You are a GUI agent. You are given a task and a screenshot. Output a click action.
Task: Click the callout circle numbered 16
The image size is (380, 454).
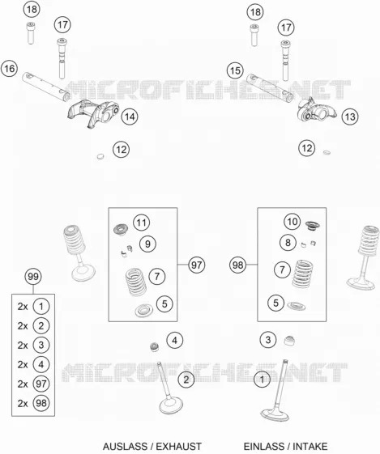pyautogui.click(x=9, y=69)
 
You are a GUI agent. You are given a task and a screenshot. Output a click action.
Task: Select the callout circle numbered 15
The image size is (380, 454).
pyautogui.click(x=235, y=70)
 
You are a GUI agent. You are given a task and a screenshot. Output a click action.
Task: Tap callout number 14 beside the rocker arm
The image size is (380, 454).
pyautogui.click(x=130, y=117)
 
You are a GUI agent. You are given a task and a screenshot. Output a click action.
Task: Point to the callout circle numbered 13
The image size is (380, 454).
pyautogui.click(x=350, y=117)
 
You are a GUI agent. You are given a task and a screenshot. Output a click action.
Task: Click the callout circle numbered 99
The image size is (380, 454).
pyautogui.click(x=33, y=277)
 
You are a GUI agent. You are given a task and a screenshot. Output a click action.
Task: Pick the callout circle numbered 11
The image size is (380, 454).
pyautogui.click(x=142, y=223)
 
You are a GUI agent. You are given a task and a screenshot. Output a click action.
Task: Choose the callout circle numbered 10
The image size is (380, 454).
pyautogui.click(x=292, y=222)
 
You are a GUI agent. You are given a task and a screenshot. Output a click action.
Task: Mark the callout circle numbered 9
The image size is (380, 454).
pyautogui.click(x=147, y=244)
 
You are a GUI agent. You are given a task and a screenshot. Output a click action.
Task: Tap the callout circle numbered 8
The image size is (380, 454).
pyautogui.click(x=288, y=242)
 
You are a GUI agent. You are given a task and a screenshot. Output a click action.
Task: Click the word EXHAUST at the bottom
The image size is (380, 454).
pyautogui.click(x=178, y=446)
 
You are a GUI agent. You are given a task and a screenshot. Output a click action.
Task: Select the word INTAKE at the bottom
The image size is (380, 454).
pyautogui.click(x=310, y=446)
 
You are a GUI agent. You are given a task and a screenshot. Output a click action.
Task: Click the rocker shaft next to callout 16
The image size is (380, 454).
pyautogui.click(x=46, y=87)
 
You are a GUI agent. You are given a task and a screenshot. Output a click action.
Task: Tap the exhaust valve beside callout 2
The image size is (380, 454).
pyautogui.click(x=169, y=388)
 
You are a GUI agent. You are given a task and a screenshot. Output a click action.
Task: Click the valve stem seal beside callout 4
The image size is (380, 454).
pyautogui.click(x=155, y=346)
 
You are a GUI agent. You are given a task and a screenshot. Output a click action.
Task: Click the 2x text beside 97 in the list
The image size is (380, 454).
pyautogui.click(x=23, y=384)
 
